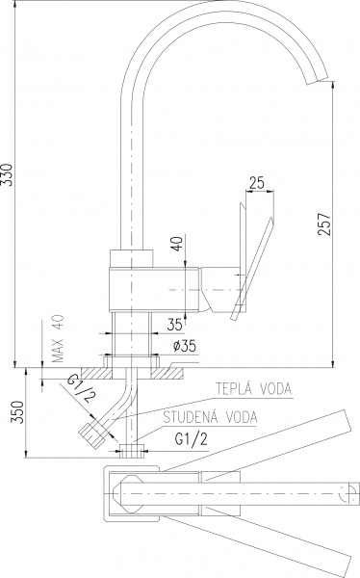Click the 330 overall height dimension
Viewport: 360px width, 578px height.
point(8,174)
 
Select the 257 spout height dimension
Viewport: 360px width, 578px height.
point(324,223)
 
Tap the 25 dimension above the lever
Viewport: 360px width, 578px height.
point(256,183)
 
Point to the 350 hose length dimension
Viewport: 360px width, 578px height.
point(18,412)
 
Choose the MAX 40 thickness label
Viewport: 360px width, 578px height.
point(58,338)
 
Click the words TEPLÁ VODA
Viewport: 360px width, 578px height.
point(253,388)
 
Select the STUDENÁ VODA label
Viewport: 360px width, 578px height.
point(211,417)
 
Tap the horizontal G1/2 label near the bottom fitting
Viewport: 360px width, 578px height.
point(191,439)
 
